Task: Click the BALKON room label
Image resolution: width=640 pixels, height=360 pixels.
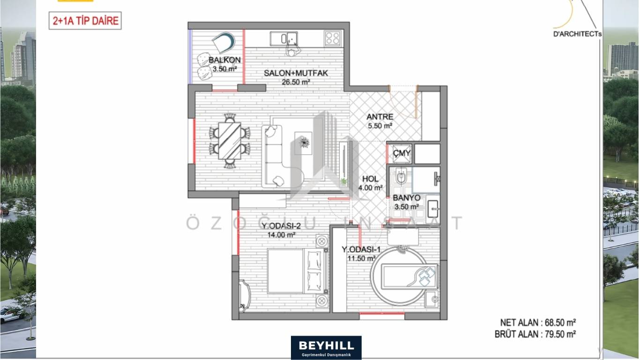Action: point(224,60)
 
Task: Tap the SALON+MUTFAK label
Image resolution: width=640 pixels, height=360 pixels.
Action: point(296,73)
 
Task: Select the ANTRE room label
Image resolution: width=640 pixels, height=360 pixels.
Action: point(380,117)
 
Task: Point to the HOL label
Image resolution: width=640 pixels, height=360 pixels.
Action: point(370,179)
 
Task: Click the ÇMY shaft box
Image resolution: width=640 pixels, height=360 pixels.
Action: point(402,154)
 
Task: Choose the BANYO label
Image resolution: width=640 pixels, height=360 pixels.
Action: point(407,198)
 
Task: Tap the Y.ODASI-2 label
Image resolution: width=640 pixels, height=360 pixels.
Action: point(281,226)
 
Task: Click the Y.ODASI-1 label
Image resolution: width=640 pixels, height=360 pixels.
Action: point(361,250)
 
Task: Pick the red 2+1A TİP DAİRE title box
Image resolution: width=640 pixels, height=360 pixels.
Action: point(85,21)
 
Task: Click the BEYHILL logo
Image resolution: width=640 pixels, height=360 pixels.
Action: point(326,347)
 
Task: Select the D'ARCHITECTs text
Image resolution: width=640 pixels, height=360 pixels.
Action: point(577,34)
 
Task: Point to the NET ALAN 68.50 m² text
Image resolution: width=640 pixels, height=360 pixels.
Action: point(538,323)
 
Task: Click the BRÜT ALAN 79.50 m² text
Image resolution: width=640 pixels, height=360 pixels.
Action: point(535,334)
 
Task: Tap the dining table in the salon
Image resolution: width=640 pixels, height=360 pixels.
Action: point(230,141)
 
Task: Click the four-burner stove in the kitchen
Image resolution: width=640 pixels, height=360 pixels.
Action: point(333,38)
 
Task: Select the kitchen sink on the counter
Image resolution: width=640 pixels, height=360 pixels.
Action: point(284,38)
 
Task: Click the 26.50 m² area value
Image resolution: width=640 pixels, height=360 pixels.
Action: point(296,82)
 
